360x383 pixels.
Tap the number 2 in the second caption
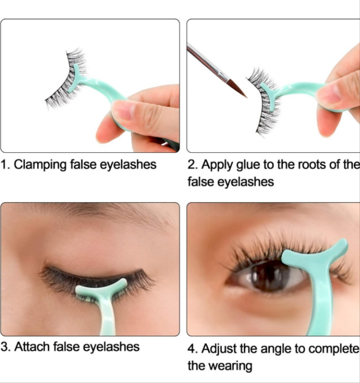191,165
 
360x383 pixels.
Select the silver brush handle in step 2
205,61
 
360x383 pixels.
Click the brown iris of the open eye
270,275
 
